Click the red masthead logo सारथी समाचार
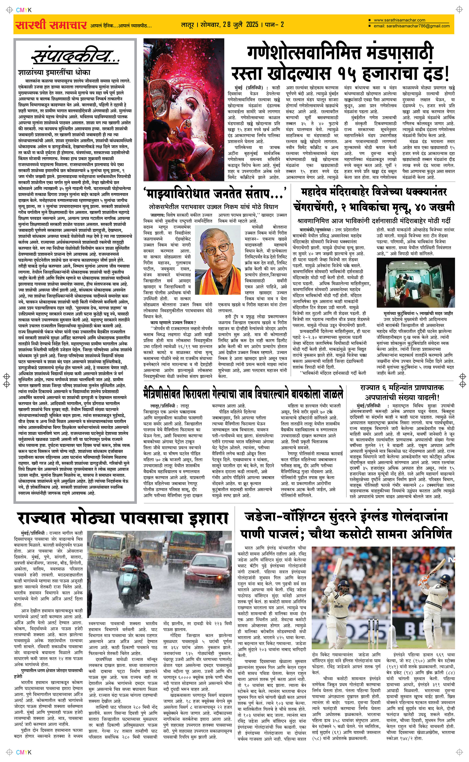51,25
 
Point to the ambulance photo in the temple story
416,282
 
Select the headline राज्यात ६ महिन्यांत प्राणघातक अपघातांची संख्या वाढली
402,392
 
